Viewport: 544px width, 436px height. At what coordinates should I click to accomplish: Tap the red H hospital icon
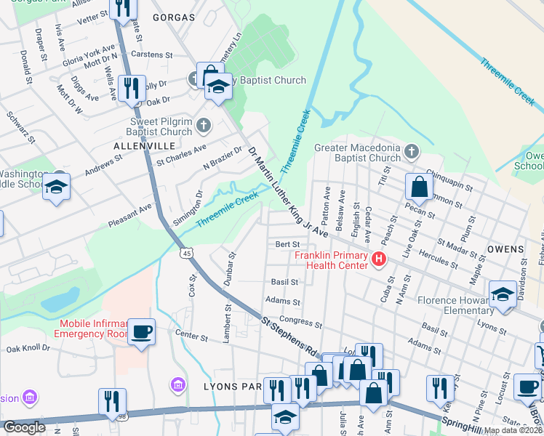point(378,259)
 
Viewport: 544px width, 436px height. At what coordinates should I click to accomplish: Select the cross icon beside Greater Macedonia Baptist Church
point(412,152)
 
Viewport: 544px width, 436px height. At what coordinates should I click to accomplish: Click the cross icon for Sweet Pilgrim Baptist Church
point(203,125)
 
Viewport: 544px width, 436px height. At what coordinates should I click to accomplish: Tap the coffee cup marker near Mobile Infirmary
point(141,332)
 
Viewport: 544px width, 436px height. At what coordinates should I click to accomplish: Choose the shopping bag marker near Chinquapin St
point(419,188)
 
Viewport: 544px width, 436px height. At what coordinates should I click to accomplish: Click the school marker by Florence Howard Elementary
point(502,294)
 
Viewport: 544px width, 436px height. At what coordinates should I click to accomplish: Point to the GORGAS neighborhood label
point(174,16)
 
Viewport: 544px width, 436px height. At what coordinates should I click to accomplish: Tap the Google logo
point(24,427)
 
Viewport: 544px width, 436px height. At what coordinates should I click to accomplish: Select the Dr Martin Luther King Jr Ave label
point(288,191)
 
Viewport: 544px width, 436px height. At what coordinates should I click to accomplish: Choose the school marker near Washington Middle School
point(56,187)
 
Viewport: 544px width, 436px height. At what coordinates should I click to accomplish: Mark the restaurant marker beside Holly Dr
point(132,89)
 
